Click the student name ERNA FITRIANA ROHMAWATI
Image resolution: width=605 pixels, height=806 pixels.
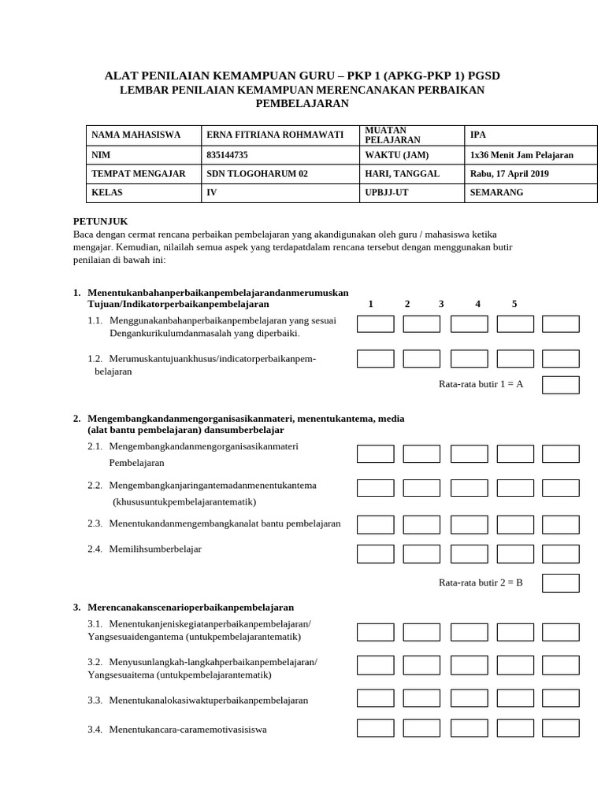tap(274, 135)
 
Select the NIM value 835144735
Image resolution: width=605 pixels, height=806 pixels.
tap(227, 155)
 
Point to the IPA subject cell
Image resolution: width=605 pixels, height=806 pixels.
tap(478, 135)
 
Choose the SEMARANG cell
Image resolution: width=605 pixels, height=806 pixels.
tap(496, 193)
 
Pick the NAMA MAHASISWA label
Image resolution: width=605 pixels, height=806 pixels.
tap(136, 135)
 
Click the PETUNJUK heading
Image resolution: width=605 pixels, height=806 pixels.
tap(100, 222)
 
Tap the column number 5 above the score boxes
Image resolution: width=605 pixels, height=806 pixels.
tap(514, 304)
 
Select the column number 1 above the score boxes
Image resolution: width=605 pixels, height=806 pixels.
tap(370, 304)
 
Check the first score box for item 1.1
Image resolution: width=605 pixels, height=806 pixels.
tap(376, 324)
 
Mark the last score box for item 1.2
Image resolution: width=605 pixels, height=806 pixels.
tap(561, 359)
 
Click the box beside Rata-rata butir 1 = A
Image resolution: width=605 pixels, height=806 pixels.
tap(561, 385)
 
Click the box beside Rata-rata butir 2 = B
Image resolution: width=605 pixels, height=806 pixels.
tap(561, 583)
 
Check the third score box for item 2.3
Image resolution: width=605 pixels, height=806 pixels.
tap(469, 525)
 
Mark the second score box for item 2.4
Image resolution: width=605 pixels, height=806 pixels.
tap(421, 554)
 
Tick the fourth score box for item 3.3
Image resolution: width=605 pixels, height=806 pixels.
tap(515, 699)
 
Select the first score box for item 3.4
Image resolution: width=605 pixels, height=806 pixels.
tap(376, 728)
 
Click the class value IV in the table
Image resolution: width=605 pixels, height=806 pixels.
tap(211, 193)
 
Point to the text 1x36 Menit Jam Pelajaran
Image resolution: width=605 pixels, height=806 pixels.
tap(521, 155)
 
